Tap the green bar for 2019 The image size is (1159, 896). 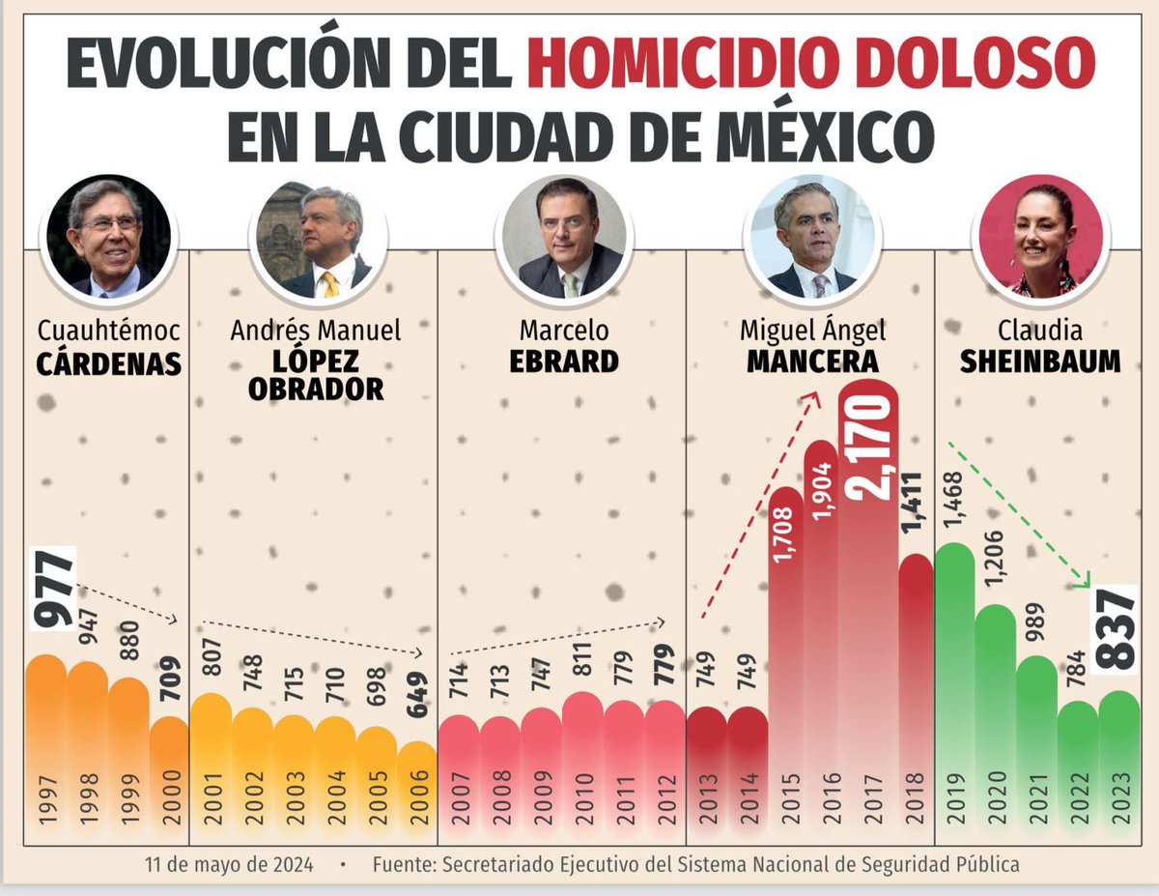pyautogui.click(x=954, y=677)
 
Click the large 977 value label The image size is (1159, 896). pyautogui.click(x=57, y=589)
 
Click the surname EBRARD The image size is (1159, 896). pyautogui.click(x=564, y=361)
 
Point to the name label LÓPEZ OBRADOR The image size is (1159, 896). pyautogui.click(x=315, y=374)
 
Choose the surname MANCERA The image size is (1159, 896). pyautogui.click(x=812, y=361)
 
